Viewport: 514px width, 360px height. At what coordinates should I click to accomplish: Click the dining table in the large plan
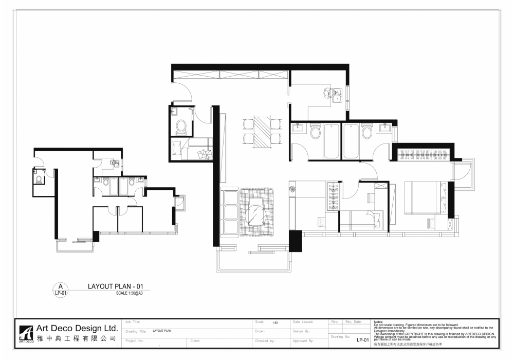tap(262, 131)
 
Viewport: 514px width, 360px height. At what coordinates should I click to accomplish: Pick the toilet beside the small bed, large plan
tap(181, 126)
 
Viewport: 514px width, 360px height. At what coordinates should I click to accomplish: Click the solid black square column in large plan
tap(295, 241)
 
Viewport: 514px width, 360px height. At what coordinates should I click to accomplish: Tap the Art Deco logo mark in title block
tap(26, 333)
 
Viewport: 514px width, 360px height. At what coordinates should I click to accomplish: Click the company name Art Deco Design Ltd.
tap(77, 328)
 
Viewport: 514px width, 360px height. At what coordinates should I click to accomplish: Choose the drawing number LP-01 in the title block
tap(363, 340)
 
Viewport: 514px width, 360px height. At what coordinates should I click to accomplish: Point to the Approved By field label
tap(303, 340)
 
